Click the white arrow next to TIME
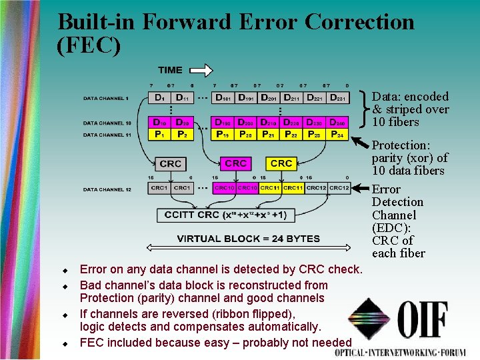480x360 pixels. (200, 70)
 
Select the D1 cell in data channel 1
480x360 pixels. (159, 98)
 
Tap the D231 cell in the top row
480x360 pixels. (338, 98)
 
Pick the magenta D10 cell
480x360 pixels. (159, 123)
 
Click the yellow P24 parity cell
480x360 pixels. (338, 134)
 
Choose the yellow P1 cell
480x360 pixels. (159, 134)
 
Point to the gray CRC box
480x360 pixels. (171, 163)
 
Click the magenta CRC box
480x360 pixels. (236, 163)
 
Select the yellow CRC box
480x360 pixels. (281, 163)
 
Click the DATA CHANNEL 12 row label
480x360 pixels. (107, 189)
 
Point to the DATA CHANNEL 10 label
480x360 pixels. (107, 123)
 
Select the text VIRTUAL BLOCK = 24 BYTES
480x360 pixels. (248, 239)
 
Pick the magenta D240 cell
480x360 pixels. (338, 123)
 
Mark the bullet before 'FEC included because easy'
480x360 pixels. (65, 344)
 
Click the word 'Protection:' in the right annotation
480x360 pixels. (399, 145)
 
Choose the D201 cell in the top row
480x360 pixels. (270, 98)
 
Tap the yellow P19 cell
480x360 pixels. (223, 134)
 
